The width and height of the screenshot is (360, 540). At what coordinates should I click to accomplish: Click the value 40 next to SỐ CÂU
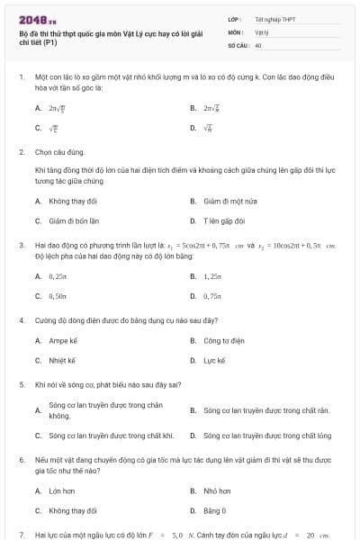click(258, 44)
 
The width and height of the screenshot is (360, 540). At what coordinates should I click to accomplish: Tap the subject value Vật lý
click(262, 31)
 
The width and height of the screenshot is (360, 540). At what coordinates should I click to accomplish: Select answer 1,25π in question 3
click(212, 276)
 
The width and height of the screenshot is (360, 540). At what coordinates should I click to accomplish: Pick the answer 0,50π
click(59, 295)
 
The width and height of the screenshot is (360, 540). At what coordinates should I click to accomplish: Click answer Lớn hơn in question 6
click(62, 490)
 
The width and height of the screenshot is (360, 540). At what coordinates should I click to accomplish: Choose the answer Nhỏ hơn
click(217, 490)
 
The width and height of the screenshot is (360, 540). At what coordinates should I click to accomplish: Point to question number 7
click(21, 535)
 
